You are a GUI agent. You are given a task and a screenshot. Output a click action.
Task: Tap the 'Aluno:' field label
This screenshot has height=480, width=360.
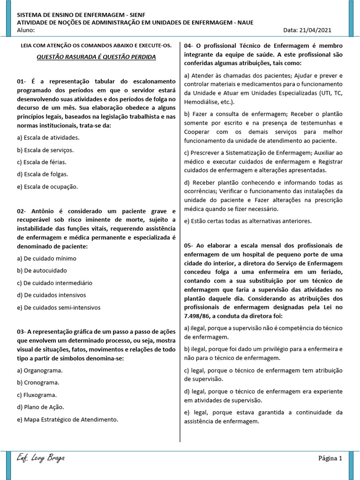point(26,30)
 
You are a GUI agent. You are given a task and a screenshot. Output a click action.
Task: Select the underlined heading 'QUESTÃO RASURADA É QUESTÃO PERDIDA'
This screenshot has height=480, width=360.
point(96,57)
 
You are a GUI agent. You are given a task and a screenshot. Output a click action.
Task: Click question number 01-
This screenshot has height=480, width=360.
point(22,81)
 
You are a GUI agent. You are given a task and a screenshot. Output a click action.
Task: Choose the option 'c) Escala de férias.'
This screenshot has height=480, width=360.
point(41,162)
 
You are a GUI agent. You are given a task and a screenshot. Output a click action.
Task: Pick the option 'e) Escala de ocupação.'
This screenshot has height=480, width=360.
point(47,187)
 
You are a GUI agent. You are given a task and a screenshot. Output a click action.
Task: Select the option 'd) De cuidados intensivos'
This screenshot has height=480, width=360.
point(51,295)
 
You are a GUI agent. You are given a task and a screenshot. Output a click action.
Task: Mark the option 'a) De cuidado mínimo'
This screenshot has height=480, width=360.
point(46,258)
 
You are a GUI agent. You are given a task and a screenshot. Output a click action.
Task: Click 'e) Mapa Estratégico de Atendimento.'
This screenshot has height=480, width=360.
point(67,420)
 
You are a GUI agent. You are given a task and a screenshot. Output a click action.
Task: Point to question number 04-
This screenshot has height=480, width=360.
point(188,46)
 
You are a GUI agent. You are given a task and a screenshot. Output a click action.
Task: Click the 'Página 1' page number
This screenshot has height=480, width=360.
point(330,458)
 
